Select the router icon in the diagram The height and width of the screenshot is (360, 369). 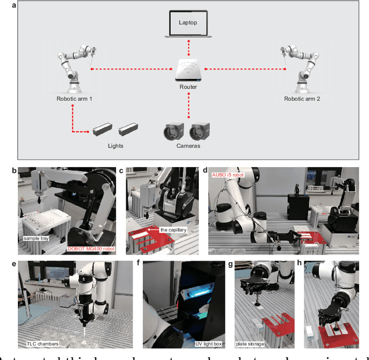[x=188, y=69]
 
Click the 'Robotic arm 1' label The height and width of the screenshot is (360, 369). [x=74, y=98]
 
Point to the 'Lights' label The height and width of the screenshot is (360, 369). [x=116, y=146]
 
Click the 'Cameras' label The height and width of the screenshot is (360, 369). [x=189, y=146]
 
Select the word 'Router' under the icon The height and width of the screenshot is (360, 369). [x=188, y=87]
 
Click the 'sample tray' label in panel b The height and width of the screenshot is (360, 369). [x=37, y=237]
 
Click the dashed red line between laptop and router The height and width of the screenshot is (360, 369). [x=188, y=49]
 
